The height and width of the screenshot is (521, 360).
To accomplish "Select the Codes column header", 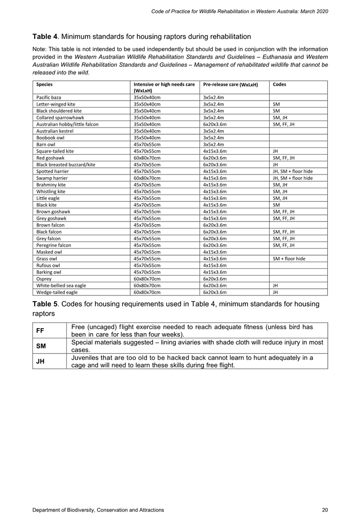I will (280, 84).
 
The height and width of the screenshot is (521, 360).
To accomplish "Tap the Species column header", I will (45, 84).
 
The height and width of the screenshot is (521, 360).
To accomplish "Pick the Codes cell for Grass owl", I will (289, 259).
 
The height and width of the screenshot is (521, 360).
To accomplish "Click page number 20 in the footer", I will (325, 510).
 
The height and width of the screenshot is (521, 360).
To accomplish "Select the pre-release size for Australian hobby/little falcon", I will (215, 123).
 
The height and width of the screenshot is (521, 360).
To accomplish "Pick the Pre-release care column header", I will (230, 84).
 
